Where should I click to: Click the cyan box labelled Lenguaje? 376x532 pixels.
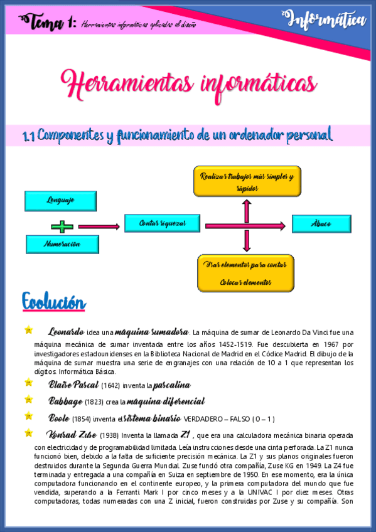coord(60,201)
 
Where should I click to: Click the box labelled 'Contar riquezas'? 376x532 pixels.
coord(163,223)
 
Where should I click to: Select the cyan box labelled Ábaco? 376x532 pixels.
coord(321,224)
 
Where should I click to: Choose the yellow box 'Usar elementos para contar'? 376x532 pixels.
coord(245,273)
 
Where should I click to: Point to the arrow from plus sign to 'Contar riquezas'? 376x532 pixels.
coord(99,226)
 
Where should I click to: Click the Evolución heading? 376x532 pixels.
coord(53,302)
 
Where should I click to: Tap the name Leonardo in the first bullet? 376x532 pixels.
coord(65,331)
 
